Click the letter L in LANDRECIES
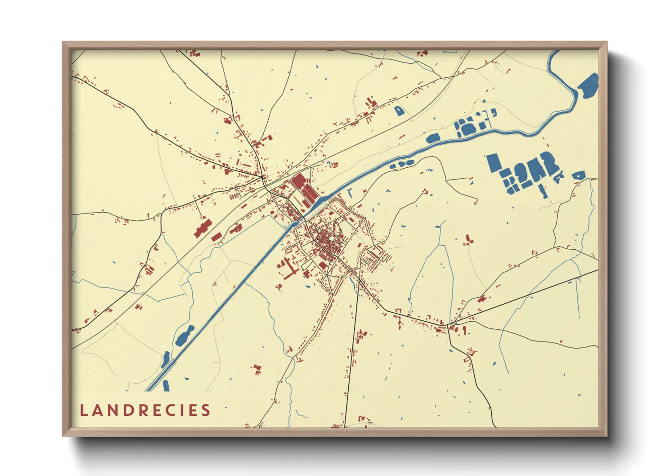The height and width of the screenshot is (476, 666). [x=84, y=410]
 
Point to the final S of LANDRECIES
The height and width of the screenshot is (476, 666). [x=206, y=410]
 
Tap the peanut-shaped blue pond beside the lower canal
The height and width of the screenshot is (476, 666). [x=184, y=336]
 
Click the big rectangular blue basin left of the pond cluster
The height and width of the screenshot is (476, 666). [x=494, y=162]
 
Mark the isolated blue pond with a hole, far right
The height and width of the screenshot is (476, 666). [x=578, y=175]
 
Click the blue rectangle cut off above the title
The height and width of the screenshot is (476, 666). [x=166, y=386]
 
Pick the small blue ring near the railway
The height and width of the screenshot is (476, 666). [x=328, y=162]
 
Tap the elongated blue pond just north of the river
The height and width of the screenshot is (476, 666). [x=434, y=138]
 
